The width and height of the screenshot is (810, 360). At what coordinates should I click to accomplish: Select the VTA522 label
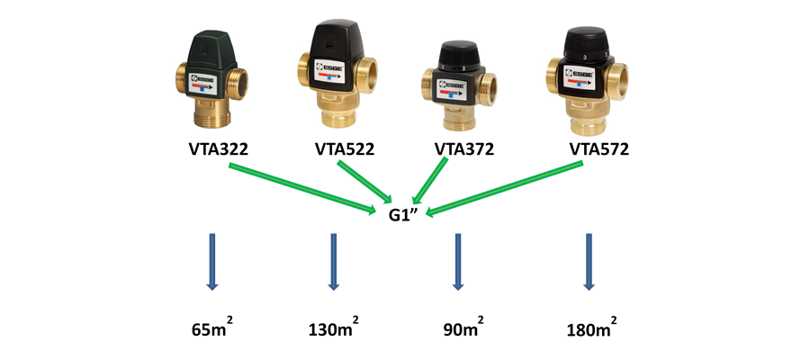345,148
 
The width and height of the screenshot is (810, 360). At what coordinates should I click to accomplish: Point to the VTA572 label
599,148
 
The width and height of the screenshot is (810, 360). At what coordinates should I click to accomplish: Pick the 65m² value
213,328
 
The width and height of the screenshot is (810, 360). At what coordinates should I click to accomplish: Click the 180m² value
589,328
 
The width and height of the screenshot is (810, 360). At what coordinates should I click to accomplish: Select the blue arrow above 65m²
212,261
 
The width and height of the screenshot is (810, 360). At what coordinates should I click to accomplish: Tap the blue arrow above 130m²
333,261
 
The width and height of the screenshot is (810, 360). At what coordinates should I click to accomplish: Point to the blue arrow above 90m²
457,261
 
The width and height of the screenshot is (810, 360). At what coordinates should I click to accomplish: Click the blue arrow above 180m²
589,261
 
